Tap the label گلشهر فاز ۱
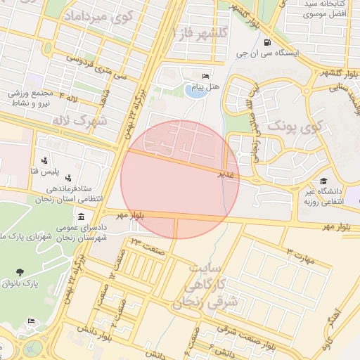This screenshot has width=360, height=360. (204, 32)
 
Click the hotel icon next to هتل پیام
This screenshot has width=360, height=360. (205, 76)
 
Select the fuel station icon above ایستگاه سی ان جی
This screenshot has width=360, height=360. (266, 42)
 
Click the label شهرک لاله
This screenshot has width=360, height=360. (79, 120)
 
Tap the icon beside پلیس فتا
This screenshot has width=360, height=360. (44, 160)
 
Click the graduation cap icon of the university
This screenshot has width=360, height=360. (323, 181)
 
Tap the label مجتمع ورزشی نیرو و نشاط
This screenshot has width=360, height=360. (28, 98)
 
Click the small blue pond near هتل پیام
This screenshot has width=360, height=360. (191, 90)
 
